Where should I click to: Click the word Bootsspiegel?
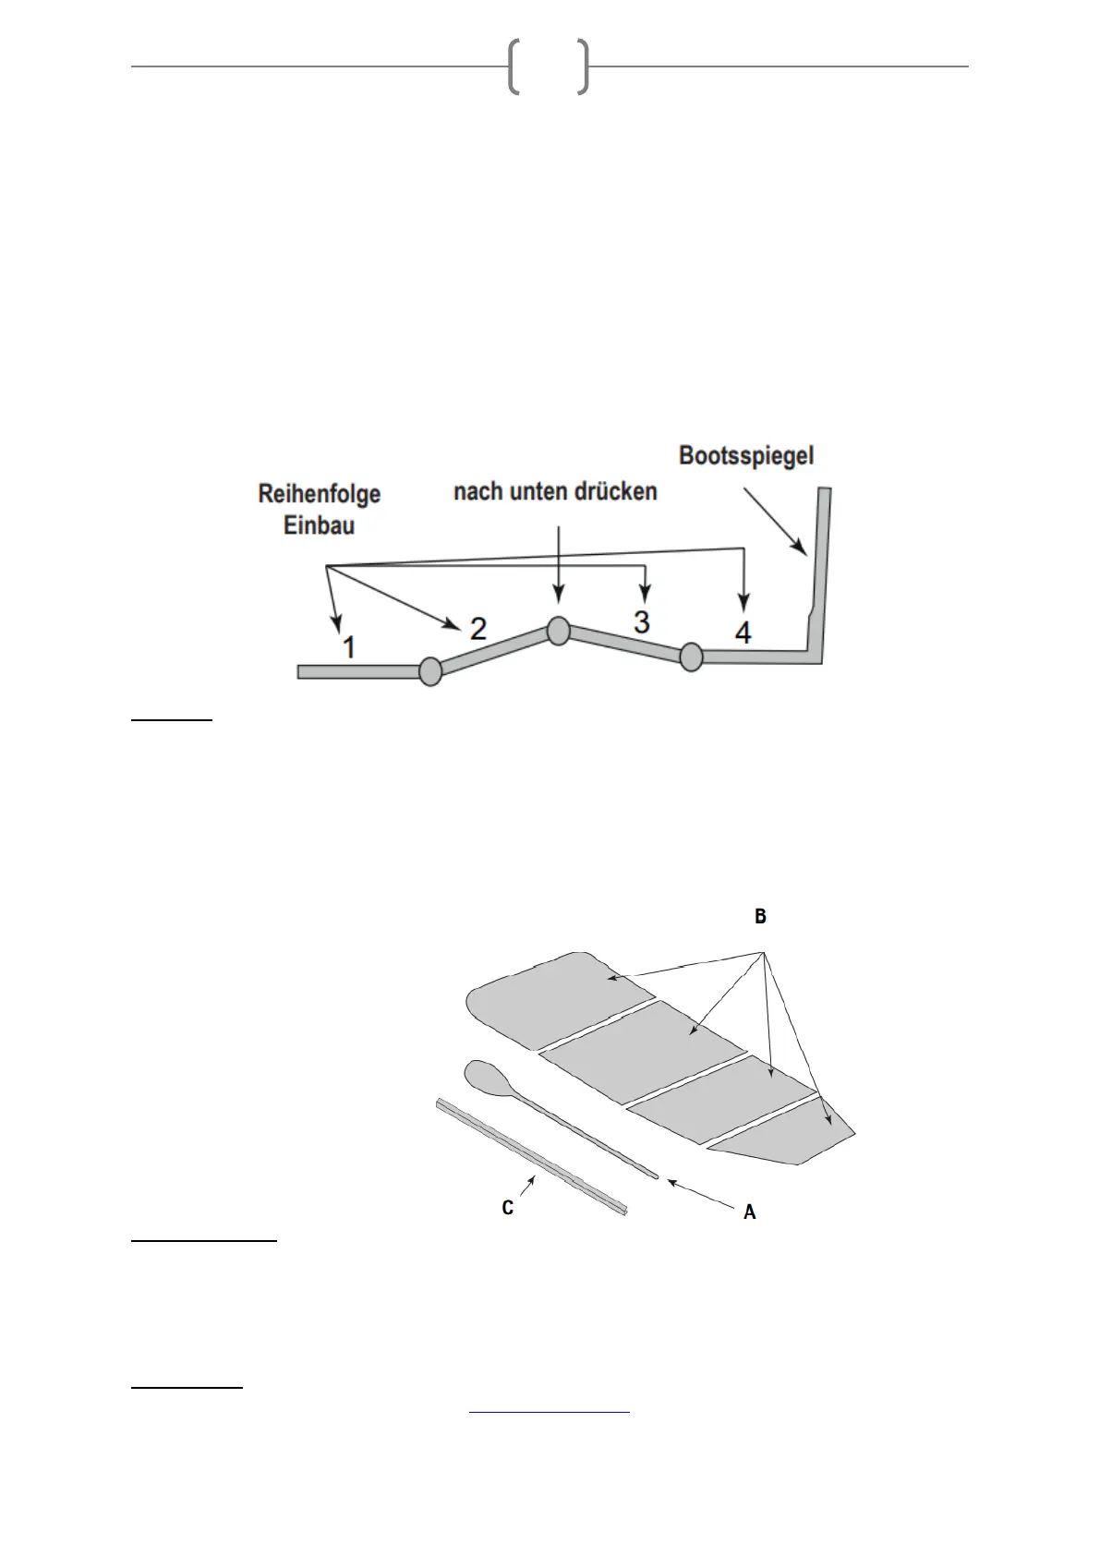[x=746, y=455]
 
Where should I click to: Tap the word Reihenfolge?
[x=319, y=494]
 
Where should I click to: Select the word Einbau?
[x=319, y=525]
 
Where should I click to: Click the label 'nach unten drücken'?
[x=555, y=491]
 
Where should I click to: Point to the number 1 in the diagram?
[x=348, y=646]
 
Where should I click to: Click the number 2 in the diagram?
[x=477, y=629]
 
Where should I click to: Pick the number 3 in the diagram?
[x=642, y=621]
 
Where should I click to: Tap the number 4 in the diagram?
[x=743, y=633]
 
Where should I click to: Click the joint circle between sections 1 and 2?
[x=430, y=671]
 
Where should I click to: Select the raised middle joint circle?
[x=558, y=630]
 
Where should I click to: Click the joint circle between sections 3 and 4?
[x=691, y=657]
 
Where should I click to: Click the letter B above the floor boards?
[x=760, y=917]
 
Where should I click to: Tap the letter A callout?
[x=749, y=1212]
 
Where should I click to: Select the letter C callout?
[x=508, y=1207]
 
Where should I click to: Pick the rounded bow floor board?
[x=554, y=997]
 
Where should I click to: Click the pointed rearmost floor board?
[x=785, y=1134]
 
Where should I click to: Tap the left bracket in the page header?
[x=514, y=67]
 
